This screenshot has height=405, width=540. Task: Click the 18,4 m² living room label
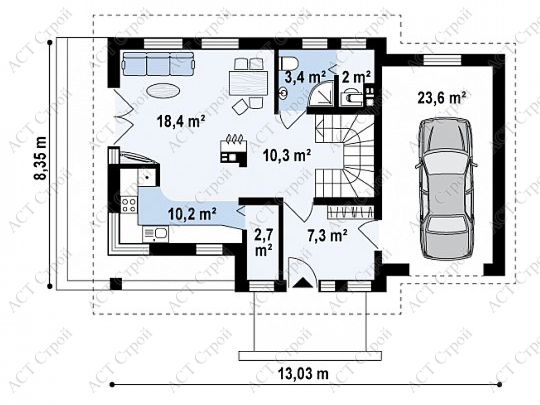pos(181,121)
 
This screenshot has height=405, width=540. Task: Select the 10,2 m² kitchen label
pos(193,214)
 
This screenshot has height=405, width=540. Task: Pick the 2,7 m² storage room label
pos(263,243)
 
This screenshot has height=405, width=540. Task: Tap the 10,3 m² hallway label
pos(287,156)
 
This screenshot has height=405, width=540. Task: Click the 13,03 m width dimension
pos(302,373)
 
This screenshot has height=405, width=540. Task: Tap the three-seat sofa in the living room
pos(158,64)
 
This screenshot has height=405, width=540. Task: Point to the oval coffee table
pos(163,91)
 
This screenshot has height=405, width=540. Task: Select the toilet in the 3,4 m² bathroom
pos(289,63)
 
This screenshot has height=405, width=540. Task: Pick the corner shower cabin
pos(321,93)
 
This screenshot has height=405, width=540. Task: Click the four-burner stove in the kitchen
pos(129,204)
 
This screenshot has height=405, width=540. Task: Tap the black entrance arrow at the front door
pos(302,282)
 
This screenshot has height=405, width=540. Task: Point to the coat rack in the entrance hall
pos(350,212)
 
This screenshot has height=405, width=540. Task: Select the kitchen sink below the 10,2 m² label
pos(156,233)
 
